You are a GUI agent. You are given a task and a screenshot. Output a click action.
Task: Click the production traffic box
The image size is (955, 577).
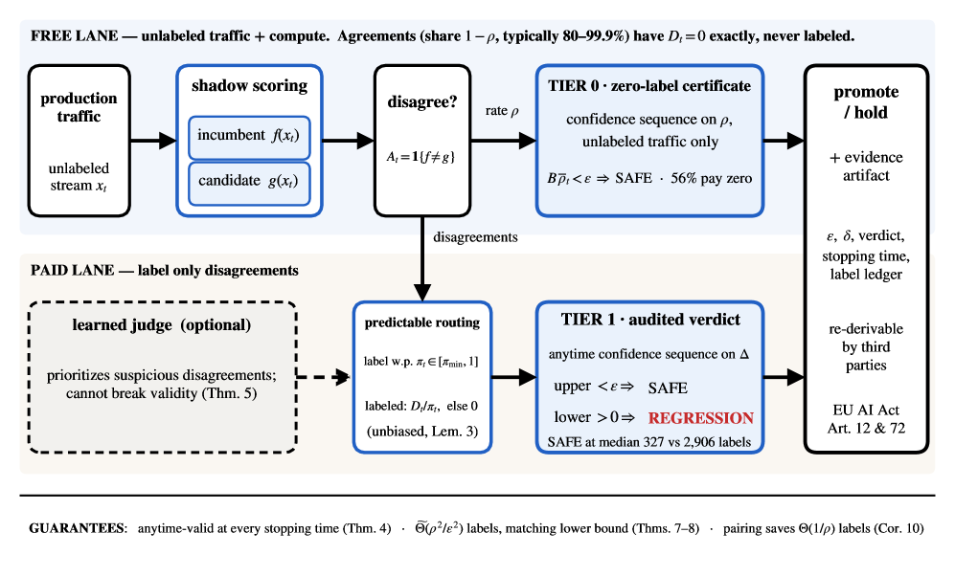[80, 141]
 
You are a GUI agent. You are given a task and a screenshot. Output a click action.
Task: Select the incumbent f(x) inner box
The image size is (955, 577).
[249, 138]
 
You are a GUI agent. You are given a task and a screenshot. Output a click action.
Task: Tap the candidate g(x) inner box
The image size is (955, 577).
[249, 183]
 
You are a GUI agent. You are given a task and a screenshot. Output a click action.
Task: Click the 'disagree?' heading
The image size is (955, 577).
[422, 101]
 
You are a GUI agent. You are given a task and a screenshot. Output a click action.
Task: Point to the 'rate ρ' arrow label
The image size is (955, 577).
[502, 111]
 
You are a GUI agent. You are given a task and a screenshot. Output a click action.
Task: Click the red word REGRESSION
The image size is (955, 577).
[701, 418]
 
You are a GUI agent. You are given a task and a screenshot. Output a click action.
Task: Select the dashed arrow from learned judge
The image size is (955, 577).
[323, 377]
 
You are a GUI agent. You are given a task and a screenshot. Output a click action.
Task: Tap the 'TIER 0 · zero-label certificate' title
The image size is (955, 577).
[649, 86]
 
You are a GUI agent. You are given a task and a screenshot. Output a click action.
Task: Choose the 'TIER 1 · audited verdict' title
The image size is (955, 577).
[650, 320]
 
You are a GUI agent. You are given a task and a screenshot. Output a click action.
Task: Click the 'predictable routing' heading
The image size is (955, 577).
[422, 322]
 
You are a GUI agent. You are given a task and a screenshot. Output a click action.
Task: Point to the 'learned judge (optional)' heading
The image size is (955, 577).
[161, 325]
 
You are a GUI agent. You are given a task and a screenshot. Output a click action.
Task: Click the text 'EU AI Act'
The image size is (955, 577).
[866, 410]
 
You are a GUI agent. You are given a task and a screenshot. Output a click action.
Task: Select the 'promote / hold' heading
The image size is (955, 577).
[866, 102]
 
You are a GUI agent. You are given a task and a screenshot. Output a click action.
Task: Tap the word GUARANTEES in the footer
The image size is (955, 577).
[77, 528]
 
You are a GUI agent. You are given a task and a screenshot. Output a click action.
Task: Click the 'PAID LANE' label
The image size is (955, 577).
[72, 270]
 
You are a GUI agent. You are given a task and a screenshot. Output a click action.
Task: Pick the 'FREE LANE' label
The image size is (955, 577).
[75, 36]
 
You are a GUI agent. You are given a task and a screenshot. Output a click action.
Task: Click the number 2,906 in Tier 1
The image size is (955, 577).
[702, 442]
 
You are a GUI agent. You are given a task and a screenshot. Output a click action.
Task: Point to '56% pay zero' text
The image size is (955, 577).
[712, 178]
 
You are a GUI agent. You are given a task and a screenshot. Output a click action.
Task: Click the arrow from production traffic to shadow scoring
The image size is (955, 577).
[153, 141]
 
